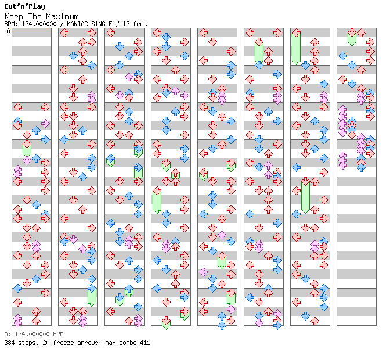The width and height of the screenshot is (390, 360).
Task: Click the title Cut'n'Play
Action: tap(24, 6)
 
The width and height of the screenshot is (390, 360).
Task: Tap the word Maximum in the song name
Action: tap(62, 17)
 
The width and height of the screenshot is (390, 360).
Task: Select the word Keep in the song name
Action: tap(14, 17)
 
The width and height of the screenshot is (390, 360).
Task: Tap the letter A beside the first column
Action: tap(9, 31)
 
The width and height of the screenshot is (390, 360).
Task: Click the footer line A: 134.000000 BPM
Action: tap(34, 334)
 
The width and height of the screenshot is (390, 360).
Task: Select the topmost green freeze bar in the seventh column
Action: tap(296, 49)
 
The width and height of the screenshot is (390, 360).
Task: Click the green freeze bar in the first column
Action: tap(27, 150)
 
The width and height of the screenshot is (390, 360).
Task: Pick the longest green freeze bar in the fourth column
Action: tap(157, 200)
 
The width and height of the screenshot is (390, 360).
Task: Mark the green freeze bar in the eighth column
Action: tap(352, 39)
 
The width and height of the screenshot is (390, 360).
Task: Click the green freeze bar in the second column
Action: tap(92, 297)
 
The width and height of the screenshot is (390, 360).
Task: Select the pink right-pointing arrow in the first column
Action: tap(45, 123)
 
